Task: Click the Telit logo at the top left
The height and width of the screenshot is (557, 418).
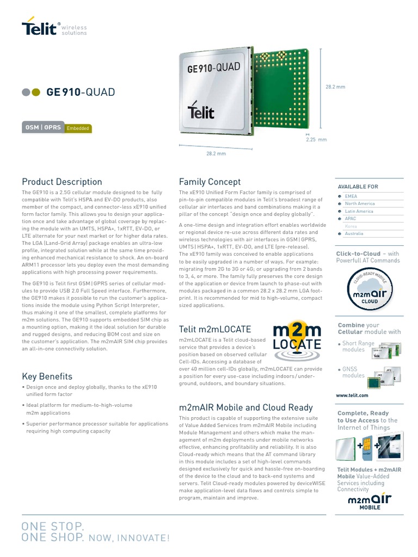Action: pyautogui.click(x=39, y=28)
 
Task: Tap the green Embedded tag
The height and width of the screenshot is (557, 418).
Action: pyautogui.click(x=78, y=129)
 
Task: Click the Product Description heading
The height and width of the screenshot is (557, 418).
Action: pyautogui.click(x=62, y=182)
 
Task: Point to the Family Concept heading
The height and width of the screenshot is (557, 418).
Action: pyautogui.click(x=210, y=182)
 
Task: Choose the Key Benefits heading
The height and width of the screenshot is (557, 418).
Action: pyautogui.click(x=47, y=376)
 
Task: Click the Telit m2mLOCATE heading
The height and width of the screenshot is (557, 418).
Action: pyautogui.click(x=215, y=329)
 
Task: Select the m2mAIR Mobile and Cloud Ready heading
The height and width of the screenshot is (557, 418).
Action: pyautogui.click(x=246, y=407)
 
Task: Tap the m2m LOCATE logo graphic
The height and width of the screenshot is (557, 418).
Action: pyautogui.click(x=297, y=340)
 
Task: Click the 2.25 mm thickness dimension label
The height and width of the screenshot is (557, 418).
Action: pyautogui.click(x=316, y=140)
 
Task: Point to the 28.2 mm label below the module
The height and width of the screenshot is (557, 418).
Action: pyautogui.click(x=216, y=154)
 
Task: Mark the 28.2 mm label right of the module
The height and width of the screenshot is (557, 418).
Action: pyautogui.click(x=335, y=87)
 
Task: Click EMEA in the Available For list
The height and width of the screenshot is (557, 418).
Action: pyautogui.click(x=351, y=196)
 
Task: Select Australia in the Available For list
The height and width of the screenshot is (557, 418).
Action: pyautogui.click(x=354, y=233)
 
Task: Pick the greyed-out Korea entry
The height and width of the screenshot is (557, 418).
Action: pyautogui.click(x=351, y=226)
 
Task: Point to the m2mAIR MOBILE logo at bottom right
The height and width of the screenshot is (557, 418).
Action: pyautogui.click(x=370, y=501)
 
